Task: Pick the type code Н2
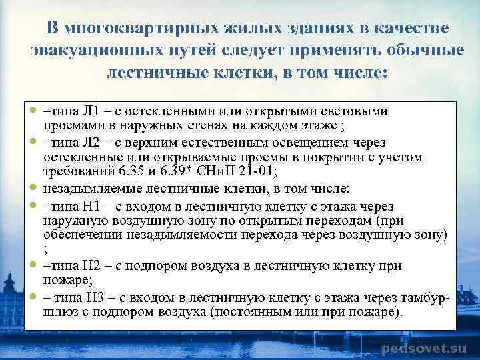(82, 267)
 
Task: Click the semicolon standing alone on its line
(45, 251)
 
